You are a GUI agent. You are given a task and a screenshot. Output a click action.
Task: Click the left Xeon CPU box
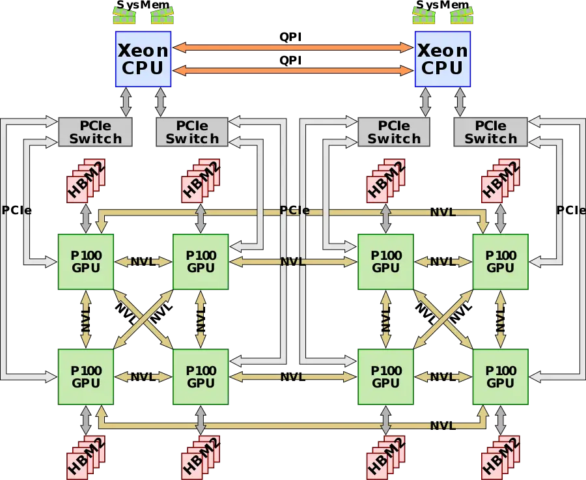[x=143, y=59]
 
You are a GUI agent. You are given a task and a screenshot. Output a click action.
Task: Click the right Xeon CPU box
[x=443, y=59]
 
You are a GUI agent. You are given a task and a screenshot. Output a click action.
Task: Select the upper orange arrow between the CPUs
[x=293, y=47]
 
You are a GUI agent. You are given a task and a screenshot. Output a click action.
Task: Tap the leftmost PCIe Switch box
[x=96, y=132]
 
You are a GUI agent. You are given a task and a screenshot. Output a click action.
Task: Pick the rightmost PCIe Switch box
[x=490, y=132]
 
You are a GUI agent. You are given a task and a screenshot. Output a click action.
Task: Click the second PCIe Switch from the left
[x=192, y=132]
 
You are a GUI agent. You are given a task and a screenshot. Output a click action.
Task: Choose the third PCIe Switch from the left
[x=394, y=132]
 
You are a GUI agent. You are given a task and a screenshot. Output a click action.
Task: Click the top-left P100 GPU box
[x=86, y=261]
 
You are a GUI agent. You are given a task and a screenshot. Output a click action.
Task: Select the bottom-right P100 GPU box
[x=500, y=376]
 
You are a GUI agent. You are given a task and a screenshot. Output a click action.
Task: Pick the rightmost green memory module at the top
[x=462, y=16]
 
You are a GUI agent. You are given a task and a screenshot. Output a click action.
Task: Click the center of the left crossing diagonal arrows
[x=143, y=318]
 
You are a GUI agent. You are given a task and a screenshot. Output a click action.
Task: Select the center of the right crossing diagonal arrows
[x=443, y=318]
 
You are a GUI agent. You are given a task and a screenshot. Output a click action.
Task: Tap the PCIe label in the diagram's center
[x=294, y=211]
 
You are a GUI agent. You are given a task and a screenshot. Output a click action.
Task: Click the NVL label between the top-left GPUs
[x=142, y=261]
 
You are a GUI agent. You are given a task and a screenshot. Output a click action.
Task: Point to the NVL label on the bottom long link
[x=442, y=425]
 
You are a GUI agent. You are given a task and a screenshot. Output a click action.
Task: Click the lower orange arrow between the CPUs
[x=293, y=70]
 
